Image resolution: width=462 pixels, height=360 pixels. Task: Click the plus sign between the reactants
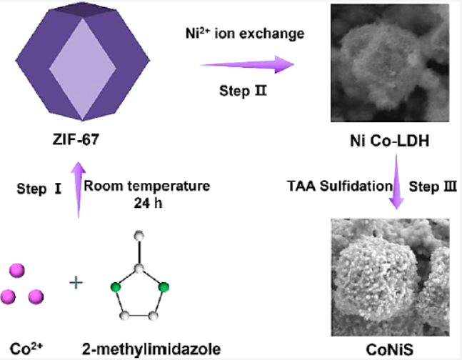76,283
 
